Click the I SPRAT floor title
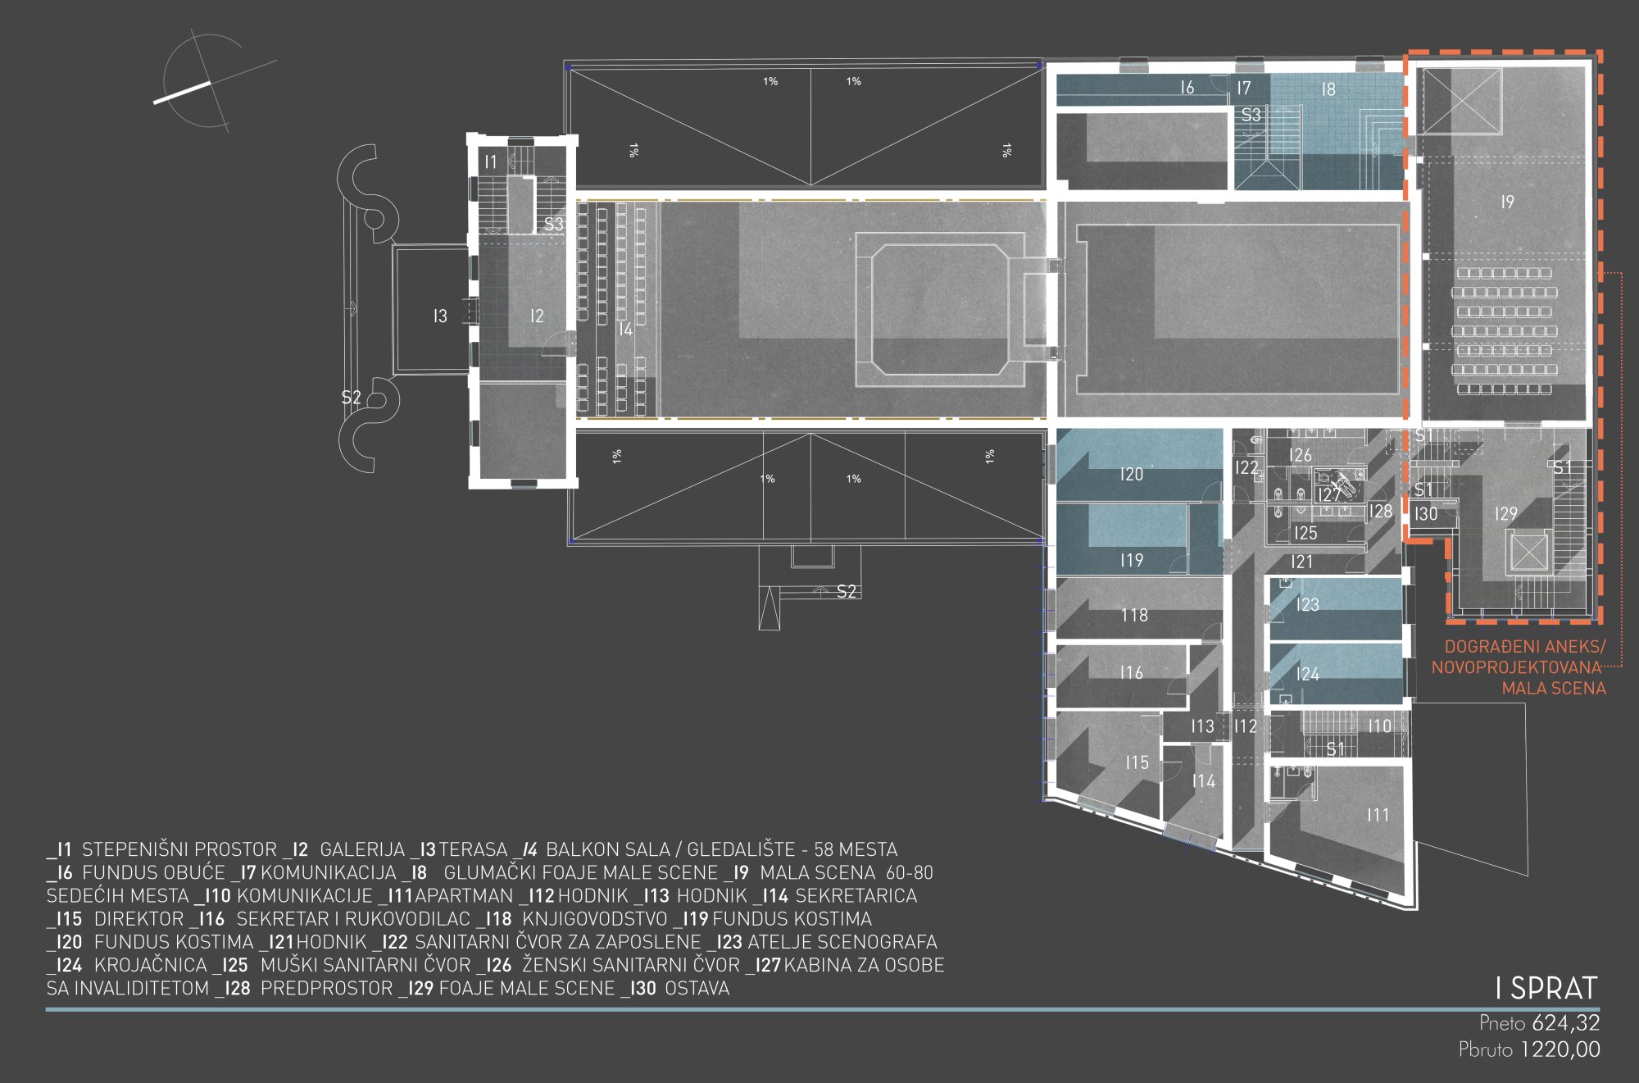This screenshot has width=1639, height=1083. tap(1546, 988)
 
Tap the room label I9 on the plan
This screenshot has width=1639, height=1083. tap(1507, 202)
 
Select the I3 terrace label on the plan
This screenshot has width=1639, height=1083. tap(440, 316)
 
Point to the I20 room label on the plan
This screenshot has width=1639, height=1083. tap(1131, 474)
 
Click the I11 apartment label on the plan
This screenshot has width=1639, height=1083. tap(1378, 815)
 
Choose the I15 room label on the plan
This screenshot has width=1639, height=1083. tap(1137, 762)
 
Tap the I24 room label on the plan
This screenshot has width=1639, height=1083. tap(1307, 674)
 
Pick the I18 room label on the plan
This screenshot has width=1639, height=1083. tap(1134, 615)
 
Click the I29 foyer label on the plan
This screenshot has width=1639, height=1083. tap(1505, 514)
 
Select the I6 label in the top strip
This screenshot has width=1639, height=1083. tap(1187, 88)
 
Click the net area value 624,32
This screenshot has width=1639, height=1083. tap(1565, 1023)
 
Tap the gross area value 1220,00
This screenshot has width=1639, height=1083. tap(1560, 1049)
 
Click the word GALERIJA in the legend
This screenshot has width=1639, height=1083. tap(362, 850)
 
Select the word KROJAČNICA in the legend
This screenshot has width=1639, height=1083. tap(151, 966)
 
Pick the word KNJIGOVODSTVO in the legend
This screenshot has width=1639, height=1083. tap(595, 919)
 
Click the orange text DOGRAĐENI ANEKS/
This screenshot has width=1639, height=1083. tap(1524, 647)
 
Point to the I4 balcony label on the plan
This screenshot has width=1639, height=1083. tap(625, 330)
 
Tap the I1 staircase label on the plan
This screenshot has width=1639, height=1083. tap(490, 162)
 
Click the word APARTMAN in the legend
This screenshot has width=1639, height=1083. tap(465, 896)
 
